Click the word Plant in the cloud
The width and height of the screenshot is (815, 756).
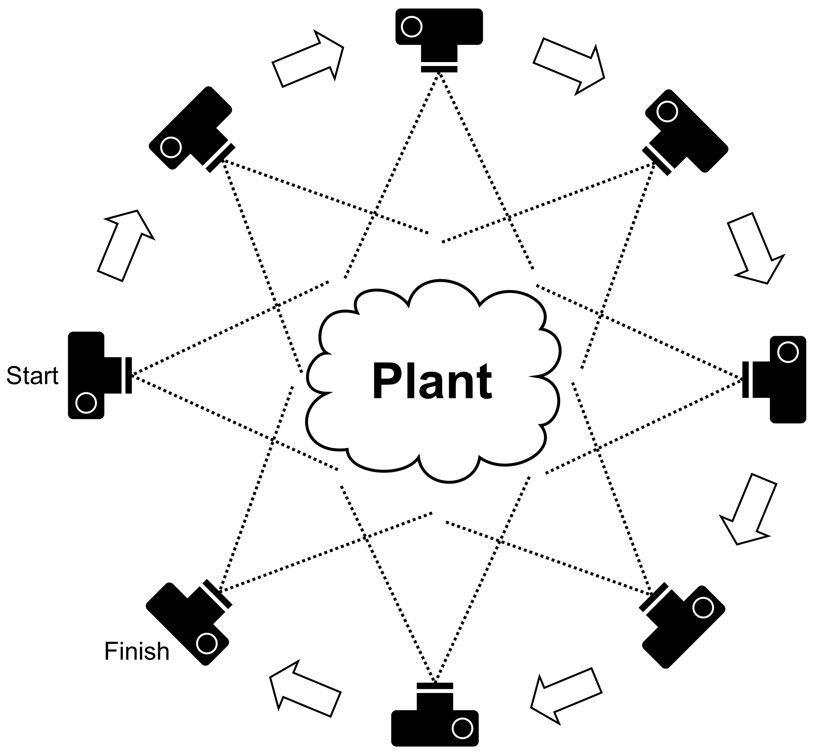(x=432, y=381)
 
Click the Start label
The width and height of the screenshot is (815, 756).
(x=32, y=376)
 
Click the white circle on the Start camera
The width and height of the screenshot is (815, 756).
(x=86, y=402)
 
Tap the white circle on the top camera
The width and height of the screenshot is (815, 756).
(x=411, y=27)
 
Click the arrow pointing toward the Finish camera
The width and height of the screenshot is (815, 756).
(x=305, y=690)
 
